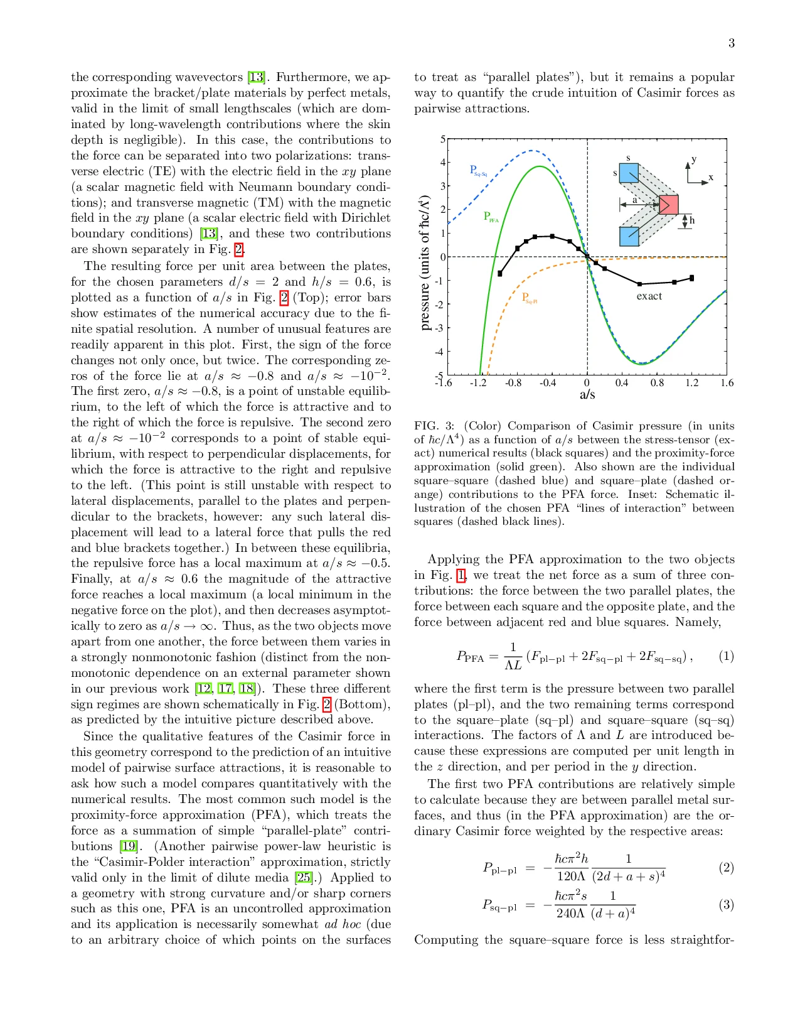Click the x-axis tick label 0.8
(x=656, y=383)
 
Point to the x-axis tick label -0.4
(x=548, y=383)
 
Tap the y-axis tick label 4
(x=442, y=163)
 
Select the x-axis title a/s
(x=587, y=395)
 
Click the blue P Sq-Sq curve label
(x=478, y=171)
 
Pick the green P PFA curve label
(x=491, y=217)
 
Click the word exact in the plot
(x=649, y=296)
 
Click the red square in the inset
(x=668, y=205)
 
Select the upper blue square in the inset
(x=629, y=173)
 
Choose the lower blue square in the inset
(x=629, y=236)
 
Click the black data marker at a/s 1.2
(x=691, y=278)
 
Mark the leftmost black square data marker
(x=500, y=274)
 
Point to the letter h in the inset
(x=692, y=220)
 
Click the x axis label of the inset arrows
(x=711, y=178)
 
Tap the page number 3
(x=731, y=43)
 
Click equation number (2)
(x=726, y=868)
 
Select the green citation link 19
(x=129, y=846)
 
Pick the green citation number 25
(x=304, y=878)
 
